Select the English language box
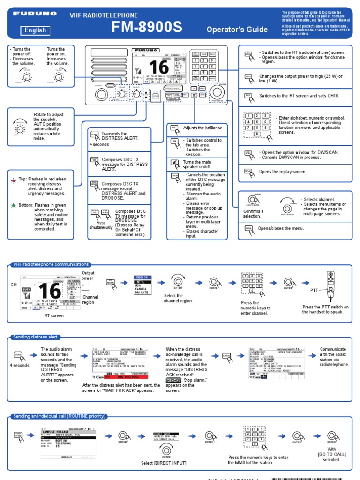36,30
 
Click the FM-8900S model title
147,28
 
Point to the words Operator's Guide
237,30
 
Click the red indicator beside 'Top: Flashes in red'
14,180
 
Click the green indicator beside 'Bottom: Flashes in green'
14,205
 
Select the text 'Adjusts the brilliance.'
203,128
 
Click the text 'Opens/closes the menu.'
281,228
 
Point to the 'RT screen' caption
54,315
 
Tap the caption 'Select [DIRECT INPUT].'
164,463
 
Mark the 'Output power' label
89,276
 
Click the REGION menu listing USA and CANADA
143,285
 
